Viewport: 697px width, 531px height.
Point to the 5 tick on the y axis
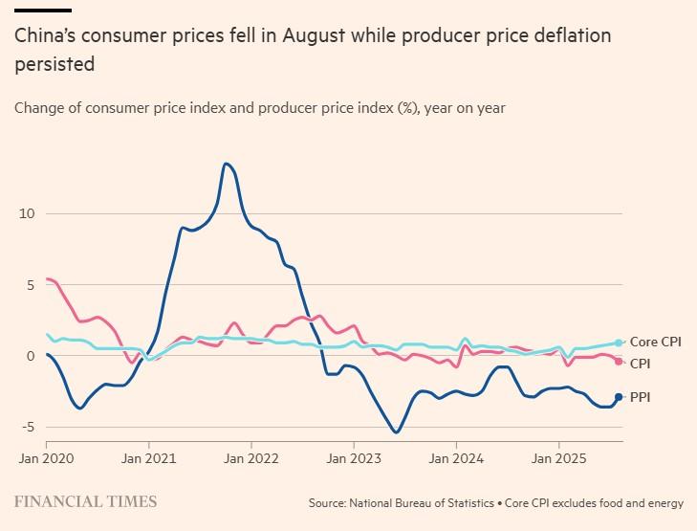[29, 284]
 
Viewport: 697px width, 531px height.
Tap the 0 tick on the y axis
[29, 356]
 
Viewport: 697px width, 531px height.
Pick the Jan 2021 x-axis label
[148, 458]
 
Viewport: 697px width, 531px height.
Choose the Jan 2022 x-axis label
[250, 458]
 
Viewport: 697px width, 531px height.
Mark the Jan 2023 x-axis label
[354, 458]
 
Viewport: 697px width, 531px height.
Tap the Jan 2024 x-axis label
[456, 458]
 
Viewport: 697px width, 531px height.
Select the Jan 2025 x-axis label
[558, 458]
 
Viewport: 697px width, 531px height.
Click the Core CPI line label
[655, 343]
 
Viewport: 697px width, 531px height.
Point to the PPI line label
[640, 397]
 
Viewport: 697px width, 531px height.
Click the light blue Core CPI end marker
[619, 343]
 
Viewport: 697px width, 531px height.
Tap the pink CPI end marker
[619, 361]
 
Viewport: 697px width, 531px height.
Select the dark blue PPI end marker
[619, 397]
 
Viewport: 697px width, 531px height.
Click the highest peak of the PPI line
[226, 164]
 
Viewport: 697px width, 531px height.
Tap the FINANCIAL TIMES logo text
[86, 501]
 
